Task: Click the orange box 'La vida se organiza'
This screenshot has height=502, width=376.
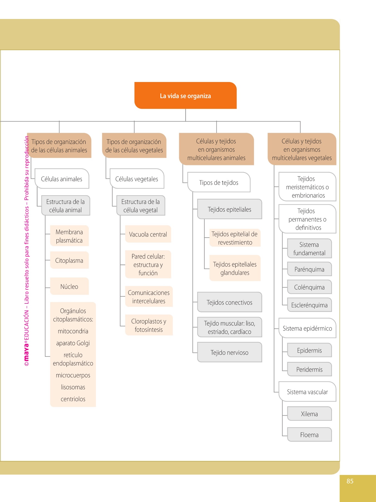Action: (x=185, y=96)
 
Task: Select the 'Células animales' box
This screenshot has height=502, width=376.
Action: (x=62, y=179)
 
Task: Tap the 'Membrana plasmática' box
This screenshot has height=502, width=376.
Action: (x=69, y=236)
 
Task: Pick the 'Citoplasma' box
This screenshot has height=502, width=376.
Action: (x=69, y=260)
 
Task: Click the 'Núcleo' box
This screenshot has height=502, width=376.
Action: (x=69, y=286)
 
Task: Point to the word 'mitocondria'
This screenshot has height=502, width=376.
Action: (x=73, y=331)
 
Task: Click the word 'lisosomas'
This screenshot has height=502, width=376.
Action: (x=73, y=387)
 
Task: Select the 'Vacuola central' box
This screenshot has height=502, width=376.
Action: (x=148, y=234)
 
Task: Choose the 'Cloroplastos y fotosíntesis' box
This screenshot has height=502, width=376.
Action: (x=149, y=325)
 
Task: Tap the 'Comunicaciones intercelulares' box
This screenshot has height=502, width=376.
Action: (x=149, y=297)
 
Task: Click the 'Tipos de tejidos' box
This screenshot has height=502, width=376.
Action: (x=219, y=182)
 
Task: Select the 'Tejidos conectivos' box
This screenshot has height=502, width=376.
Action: (x=229, y=302)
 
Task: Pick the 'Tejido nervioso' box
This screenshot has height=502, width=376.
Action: (x=229, y=353)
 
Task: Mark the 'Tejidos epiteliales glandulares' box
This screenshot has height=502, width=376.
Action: (x=235, y=268)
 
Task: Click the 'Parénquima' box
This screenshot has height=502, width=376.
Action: (x=309, y=269)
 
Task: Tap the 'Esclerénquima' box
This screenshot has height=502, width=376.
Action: (x=309, y=305)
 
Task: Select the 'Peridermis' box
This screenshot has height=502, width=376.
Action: (x=309, y=370)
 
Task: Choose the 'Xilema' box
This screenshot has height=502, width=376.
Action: (x=309, y=414)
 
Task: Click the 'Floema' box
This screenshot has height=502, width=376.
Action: (x=309, y=435)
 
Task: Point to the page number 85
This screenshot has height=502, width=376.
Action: (x=350, y=481)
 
